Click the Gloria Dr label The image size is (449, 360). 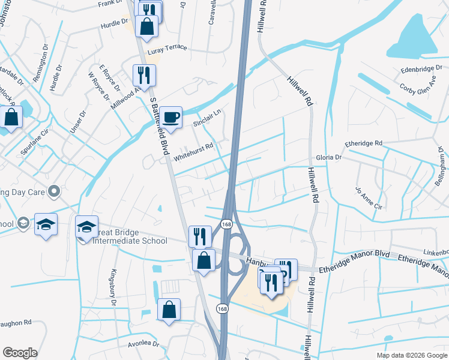tap(330, 157)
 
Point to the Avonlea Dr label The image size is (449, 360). tap(143, 345)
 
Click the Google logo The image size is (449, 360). tap(20, 353)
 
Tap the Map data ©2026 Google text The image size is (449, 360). tap(411, 355)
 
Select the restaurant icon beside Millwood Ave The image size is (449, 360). tap(144, 75)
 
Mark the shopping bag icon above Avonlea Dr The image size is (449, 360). tap(169, 310)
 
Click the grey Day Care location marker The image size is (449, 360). tap(54, 191)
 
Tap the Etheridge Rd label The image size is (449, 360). tap(363, 143)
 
